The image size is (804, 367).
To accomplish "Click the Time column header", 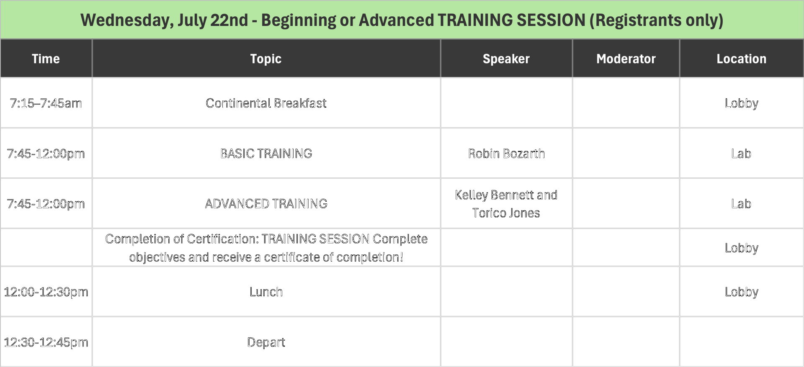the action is pos(46,59).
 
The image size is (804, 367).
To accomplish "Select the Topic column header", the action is pos(266,59).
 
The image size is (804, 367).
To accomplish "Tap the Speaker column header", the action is pos(506,59).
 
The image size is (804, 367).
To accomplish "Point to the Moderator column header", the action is pos(626,59).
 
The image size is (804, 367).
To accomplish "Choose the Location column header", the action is pos(742,59).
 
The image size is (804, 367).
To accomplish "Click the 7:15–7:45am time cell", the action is pos(46,103).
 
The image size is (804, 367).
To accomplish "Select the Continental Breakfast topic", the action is pos(266,103).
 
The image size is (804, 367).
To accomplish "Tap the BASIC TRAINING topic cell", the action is pos(266,154).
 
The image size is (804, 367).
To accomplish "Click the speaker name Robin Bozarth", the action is pos(506,154).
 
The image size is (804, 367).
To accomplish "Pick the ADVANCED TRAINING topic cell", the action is pos(266,204).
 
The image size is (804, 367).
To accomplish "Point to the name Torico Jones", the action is pos(506,213).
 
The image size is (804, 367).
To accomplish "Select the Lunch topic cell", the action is pos(266,292).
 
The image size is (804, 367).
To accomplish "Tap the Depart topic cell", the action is pos(266,342).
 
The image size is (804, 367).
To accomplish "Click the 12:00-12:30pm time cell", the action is pos(46,292).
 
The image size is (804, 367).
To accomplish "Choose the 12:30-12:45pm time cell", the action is pos(46,342).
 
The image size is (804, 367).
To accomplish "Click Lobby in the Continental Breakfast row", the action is pos(742,103).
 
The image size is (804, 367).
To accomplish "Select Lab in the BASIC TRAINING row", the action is pos(741,154).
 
